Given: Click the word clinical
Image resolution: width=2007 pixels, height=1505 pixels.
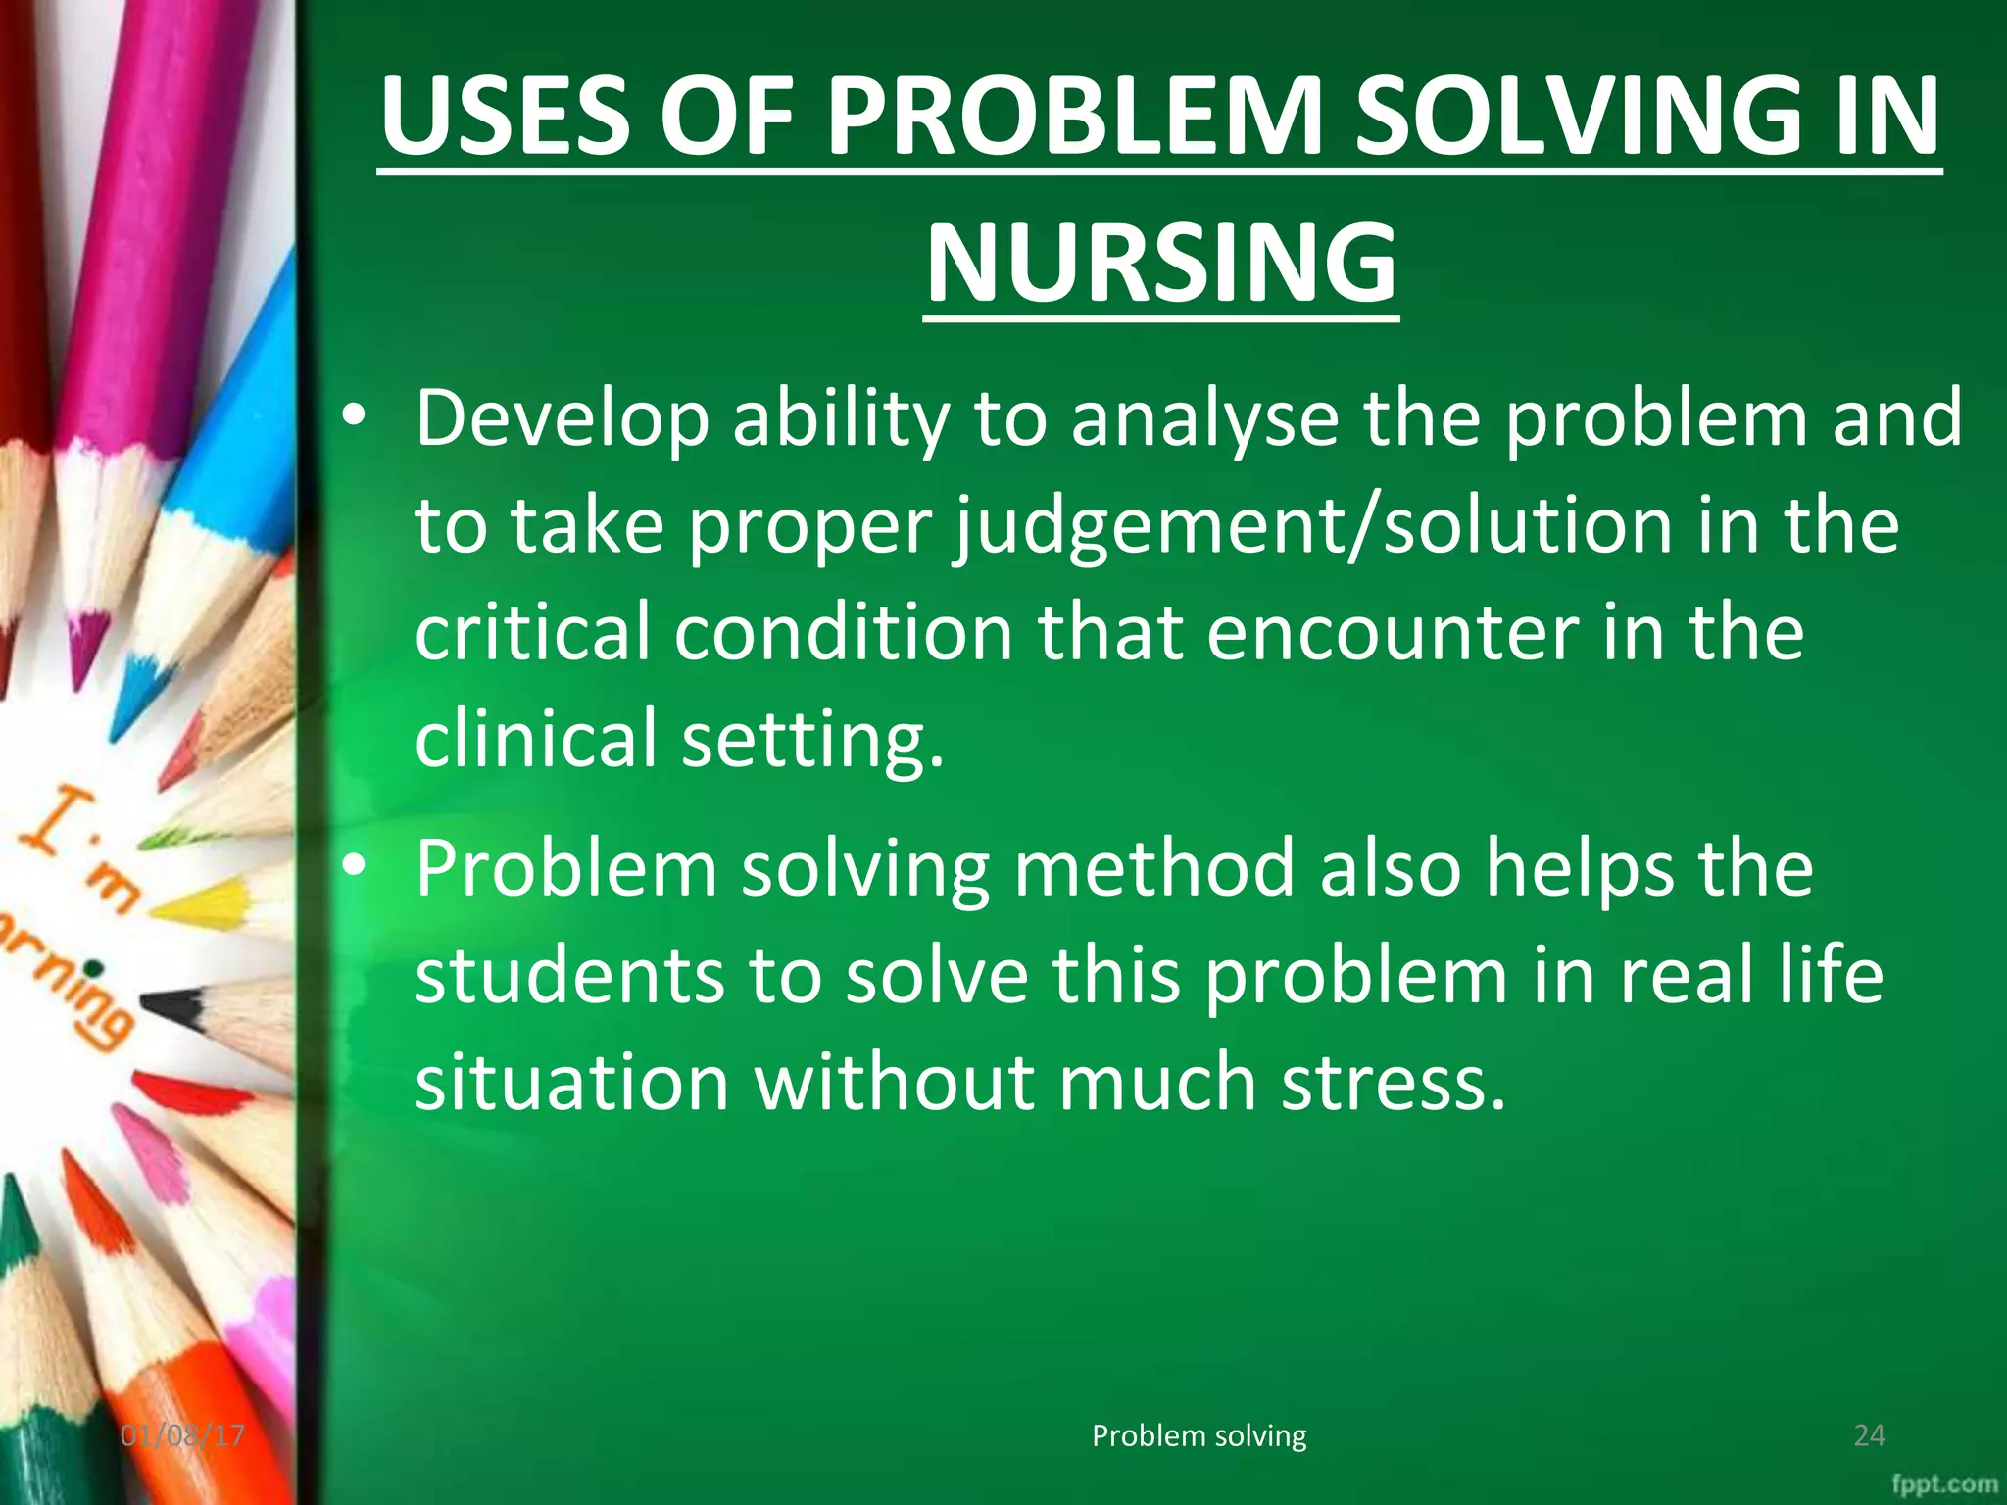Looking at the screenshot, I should tap(535, 739).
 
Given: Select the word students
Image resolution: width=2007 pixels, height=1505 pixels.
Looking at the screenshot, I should tap(569, 976).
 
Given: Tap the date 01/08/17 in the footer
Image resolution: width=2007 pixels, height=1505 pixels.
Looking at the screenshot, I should tap(183, 1436).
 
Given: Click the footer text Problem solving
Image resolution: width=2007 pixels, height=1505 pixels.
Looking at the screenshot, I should tap(1199, 1436).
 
